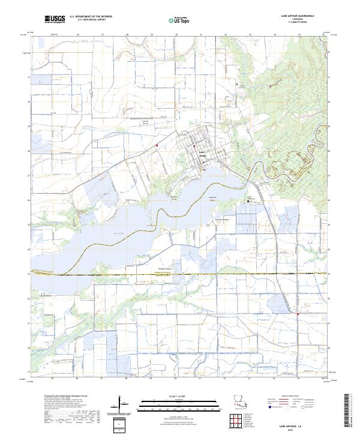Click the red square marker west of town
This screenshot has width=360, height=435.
(x=157, y=145)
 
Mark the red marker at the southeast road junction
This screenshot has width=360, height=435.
(x=298, y=313)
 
